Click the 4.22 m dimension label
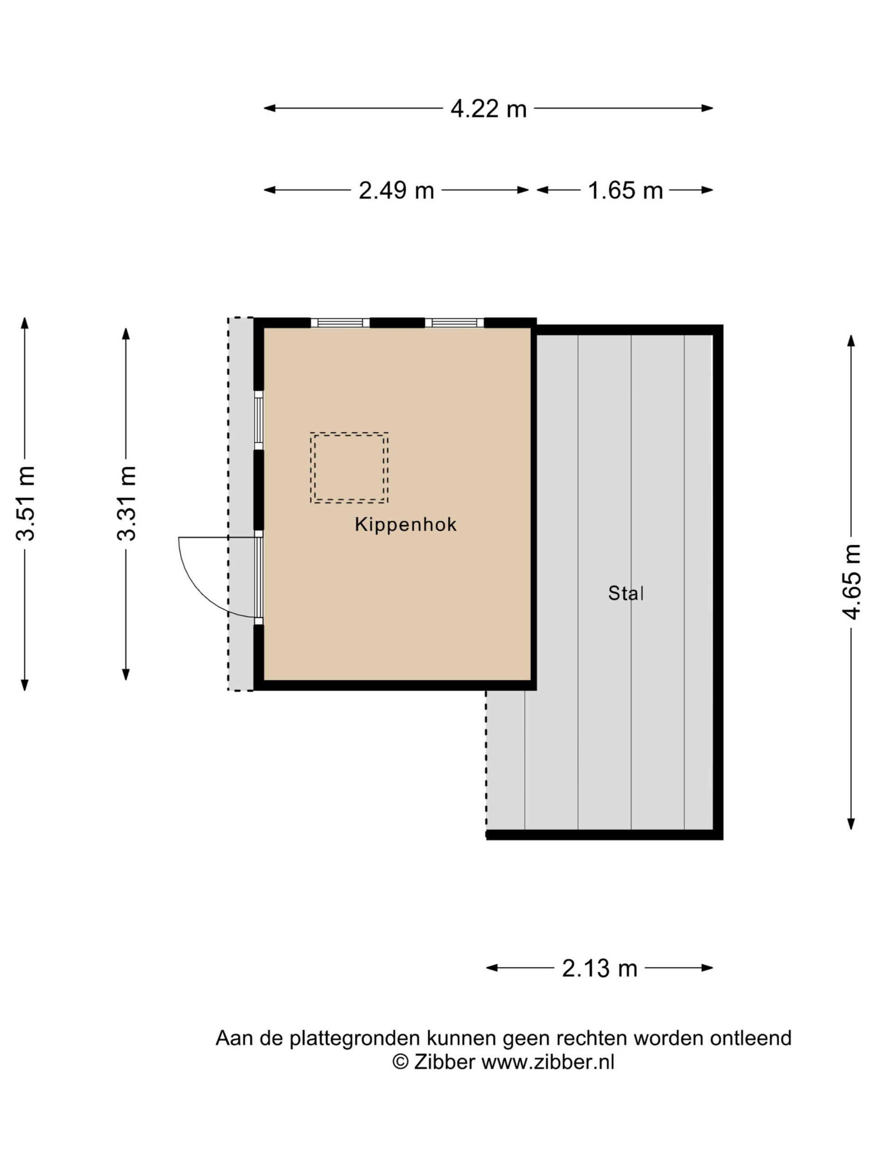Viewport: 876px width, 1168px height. [x=489, y=109]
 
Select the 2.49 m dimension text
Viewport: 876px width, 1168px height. [x=396, y=191]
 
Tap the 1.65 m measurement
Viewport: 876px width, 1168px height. [x=625, y=191]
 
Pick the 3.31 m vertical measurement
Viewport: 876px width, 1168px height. [x=126, y=503]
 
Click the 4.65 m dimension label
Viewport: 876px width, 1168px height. [x=851, y=581]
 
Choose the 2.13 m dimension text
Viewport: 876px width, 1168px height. [x=600, y=969]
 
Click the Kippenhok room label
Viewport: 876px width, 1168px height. [x=406, y=524]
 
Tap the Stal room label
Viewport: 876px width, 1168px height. [x=626, y=593]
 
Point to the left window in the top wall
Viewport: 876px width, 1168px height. [x=340, y=323]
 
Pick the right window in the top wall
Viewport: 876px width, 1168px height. [x=454, y=323]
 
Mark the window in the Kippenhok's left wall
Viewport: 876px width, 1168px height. [x=259, y=420]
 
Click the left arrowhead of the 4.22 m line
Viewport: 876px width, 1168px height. [x=270, y=108]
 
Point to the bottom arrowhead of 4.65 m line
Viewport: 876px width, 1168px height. [x=851, y=824]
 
